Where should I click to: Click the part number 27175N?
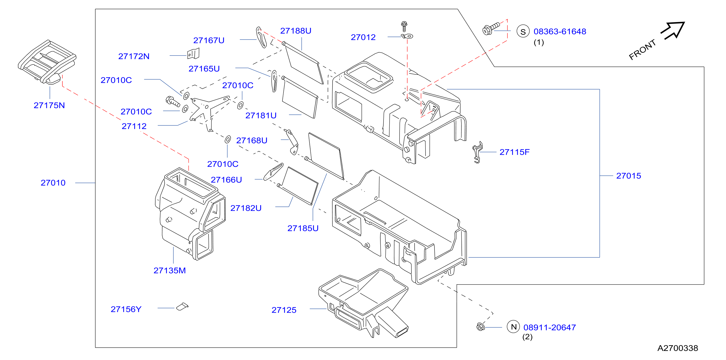(49, 105)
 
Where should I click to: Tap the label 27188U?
(296, 31)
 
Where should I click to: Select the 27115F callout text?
(514, 152)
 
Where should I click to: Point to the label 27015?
(628, 176)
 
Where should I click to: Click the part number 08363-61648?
(560, 32)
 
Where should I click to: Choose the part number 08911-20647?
(550, 327)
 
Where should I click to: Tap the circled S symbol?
(523, 32)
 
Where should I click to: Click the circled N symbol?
(514, 327)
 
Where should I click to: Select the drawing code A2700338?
(677, 348)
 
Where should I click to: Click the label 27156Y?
(126, 309)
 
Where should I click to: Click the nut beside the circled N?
(481, 327)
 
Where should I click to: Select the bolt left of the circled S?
(491, 28)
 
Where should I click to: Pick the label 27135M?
(170, 270)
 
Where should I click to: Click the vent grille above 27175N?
(47, 62)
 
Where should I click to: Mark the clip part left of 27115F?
(477, 152)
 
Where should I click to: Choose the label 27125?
(284, 310)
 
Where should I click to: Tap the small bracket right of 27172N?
(193, 54)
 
